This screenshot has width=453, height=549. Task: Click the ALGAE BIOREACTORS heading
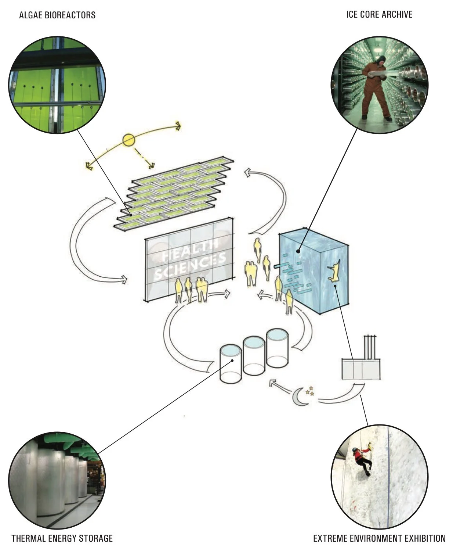[x=57, y=15]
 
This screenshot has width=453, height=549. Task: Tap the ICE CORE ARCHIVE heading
[x=379, y=14]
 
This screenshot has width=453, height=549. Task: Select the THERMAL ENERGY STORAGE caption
[x=62, y=538]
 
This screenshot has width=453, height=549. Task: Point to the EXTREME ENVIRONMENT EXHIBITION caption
[x=379, y=538]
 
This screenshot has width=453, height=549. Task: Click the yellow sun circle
[x=129, y=140]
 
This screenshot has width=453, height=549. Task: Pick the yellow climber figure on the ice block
[x=335, y=272]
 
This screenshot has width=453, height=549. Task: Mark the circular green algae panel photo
[x=57, y=85]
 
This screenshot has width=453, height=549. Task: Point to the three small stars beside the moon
[x=311, y=391]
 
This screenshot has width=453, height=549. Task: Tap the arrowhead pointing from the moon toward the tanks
[x=272, y=383]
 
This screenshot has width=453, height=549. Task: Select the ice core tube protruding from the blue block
[x=280, y=265]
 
